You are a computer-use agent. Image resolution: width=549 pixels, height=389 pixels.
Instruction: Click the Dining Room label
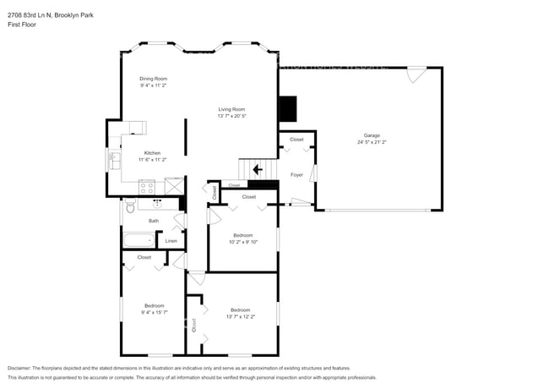[153, 79]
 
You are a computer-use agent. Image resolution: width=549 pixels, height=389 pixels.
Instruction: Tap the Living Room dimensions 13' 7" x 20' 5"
[231, 115]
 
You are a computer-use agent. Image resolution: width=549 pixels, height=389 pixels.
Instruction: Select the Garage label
[372, 135]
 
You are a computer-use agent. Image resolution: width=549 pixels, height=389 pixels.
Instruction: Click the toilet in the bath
[130, 206]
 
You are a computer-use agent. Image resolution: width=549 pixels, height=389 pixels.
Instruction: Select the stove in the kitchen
[147, 187]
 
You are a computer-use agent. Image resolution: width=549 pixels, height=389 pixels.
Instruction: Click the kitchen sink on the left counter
[112, 158]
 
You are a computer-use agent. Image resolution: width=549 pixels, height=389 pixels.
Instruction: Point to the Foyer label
[296, 175]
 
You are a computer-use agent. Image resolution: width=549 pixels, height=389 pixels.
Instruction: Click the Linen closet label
[171, 241]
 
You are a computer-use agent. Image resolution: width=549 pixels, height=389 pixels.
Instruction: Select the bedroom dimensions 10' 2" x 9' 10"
[243, 241]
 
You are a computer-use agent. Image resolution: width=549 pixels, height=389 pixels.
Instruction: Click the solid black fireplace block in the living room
[289, 108]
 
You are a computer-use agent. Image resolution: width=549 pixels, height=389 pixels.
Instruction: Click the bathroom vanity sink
[158, 203]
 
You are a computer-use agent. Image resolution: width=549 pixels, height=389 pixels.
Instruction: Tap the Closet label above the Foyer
[296, 140]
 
